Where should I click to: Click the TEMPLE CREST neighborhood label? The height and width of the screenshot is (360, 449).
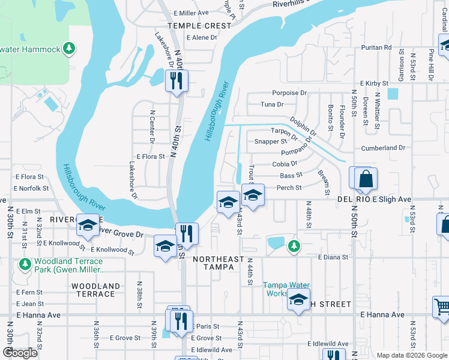coord(199,26)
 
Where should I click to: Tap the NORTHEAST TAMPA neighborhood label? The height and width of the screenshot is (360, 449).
coord(218,263)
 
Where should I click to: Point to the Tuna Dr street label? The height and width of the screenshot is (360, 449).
coord(272,104)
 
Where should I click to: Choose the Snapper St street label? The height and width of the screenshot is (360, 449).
coord(270,142)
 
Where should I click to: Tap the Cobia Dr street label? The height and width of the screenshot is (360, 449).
coord(285,164)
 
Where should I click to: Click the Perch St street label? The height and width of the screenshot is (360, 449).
coord(289,188)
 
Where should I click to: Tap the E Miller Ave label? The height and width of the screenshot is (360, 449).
coord(190,13)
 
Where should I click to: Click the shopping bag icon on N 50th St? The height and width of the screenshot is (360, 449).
coord(366,178)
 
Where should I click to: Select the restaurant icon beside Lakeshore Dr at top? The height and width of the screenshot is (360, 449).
coord(176,81)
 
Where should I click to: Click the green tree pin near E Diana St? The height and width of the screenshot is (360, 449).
coord(294,245)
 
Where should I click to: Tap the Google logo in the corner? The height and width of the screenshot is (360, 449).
coord(20,353)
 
